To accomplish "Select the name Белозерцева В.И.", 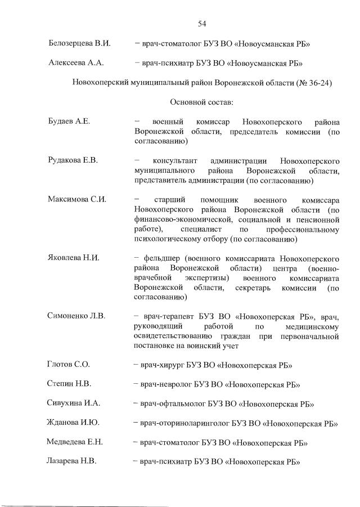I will click(x=78, y=43).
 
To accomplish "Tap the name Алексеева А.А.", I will click(x=75, y=63).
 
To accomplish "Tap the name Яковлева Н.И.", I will click(x=74, y=258).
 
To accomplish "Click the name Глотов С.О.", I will click(x=69, y=365).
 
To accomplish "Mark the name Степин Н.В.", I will click(x=69, y=384).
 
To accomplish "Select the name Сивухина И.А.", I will click(x=74, y=403).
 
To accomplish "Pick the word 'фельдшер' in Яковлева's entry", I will click(x=160, y=258).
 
